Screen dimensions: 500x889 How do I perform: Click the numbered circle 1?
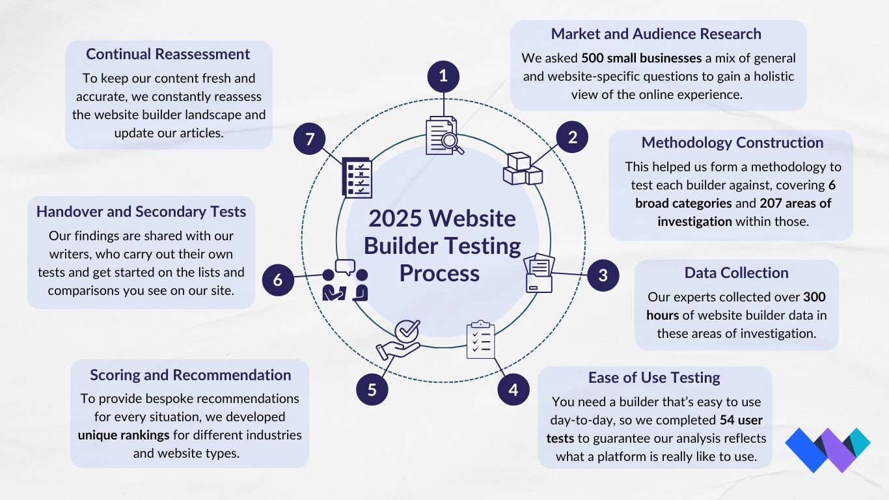[443, 76]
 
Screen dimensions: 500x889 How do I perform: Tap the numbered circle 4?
[513, 390]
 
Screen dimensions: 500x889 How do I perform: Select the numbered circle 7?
[309, 139]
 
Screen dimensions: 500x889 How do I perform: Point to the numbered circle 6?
[278, 280]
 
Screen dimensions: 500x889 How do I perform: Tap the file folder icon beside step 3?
[540, 273]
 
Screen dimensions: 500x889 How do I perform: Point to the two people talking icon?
[345, 281]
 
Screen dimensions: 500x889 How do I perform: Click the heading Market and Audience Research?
[656, 34]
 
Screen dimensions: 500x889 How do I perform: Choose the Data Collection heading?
[736, 273]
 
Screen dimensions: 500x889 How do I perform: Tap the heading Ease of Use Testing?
[654, 378]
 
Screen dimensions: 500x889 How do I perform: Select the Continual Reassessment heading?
[168, 54]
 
